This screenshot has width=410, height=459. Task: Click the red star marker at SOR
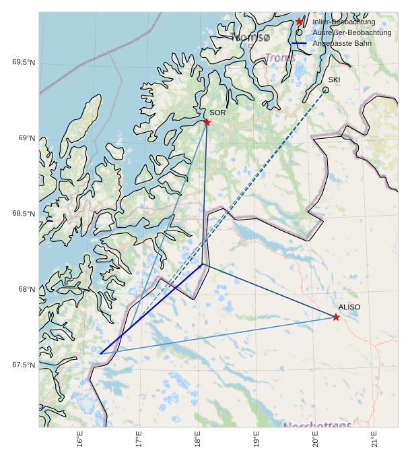(x=207, y=122)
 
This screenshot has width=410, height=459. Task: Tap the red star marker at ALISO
(x=336, y=317)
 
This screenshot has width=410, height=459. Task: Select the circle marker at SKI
(x=326, y=90)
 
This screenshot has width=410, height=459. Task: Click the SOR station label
(x=217, y=113)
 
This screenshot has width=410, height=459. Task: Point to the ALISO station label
(x=349, y=307)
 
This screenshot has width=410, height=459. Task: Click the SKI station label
(x=334, y=80)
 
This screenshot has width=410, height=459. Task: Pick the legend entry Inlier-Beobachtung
(x=344, y=22)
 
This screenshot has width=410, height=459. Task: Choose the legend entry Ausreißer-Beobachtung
(x=352, y=32)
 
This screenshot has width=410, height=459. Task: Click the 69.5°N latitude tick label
(x=24, y=63)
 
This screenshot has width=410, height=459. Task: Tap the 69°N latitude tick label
(x=26, y=138)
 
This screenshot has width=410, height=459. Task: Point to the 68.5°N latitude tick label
(x=24, y=214)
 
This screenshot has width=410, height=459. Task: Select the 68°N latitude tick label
(x=26, y=289)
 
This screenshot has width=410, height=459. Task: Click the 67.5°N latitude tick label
(x=24, y=365)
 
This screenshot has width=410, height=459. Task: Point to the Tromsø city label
(x=250, y=36)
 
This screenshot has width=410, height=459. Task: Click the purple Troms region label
(x=280, y=58)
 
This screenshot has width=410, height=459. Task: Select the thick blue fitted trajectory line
(x=151, y=309)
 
